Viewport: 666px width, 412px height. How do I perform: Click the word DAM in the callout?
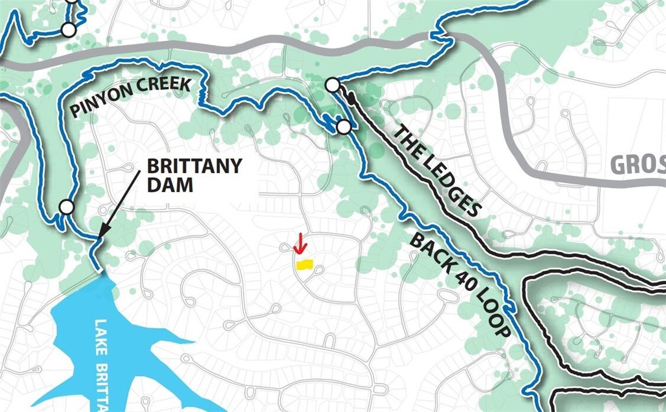[162, 184]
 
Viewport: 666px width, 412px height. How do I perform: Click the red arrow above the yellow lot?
[301, 242]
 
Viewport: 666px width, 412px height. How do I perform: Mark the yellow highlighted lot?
[304, 265]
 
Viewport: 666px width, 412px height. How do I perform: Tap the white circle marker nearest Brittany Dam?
[67, 207]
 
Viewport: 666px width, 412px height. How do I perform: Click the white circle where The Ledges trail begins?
[333, 86]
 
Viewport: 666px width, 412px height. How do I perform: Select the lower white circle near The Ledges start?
[343, 126]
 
